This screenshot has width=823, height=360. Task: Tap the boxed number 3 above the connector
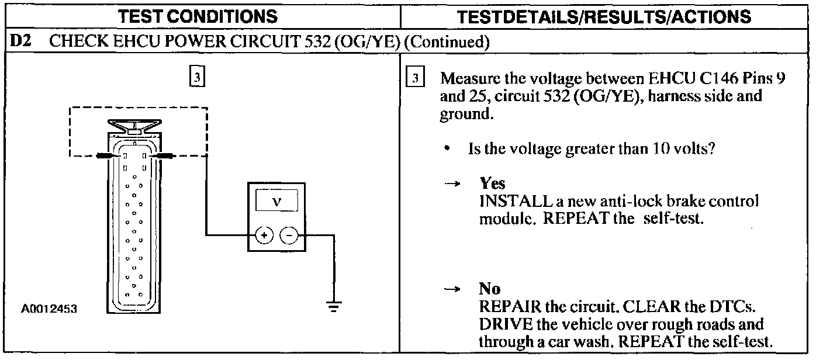198,78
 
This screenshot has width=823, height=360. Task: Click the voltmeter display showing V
276,202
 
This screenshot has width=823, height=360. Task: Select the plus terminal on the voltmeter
264,236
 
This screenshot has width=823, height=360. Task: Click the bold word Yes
492,184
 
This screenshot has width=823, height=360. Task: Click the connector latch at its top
134,124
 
